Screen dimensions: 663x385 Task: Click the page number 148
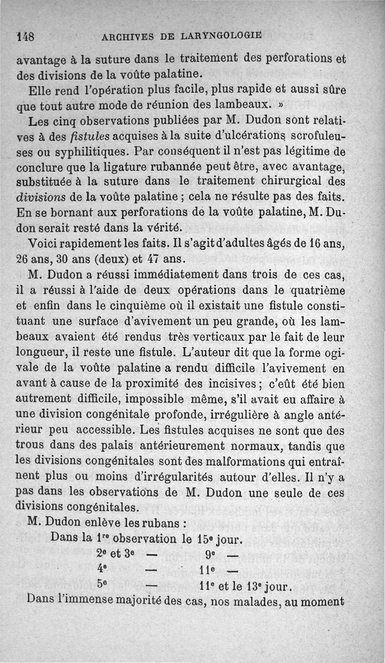click(24, 36)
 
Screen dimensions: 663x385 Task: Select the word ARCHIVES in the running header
click(124, 36)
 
